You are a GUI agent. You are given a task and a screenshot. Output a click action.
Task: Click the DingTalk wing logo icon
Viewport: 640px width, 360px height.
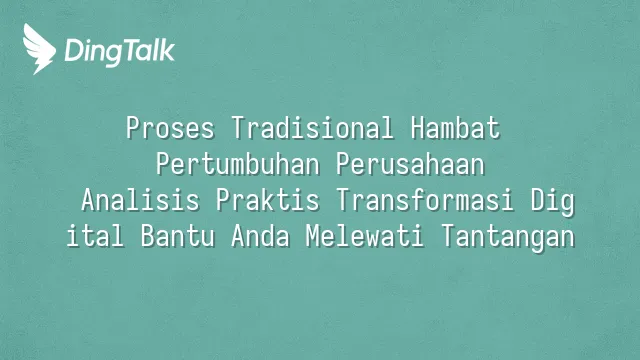pos(39,49)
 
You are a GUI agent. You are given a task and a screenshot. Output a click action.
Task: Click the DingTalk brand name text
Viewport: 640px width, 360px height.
pos(120,52)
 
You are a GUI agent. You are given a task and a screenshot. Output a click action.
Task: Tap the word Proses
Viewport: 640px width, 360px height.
pos(170,128)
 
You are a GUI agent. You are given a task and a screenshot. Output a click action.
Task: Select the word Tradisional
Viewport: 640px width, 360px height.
pos(313,128)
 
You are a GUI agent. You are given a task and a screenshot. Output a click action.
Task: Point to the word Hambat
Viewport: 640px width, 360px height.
pos(456,128)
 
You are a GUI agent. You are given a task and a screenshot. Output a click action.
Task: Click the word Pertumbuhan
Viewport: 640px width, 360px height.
pos(238,164)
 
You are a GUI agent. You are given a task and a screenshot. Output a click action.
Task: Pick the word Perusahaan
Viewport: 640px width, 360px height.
pos(410,164)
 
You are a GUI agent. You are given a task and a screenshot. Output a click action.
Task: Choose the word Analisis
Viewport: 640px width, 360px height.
pos(140,200)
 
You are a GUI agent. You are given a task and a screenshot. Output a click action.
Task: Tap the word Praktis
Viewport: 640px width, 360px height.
pos(267,200)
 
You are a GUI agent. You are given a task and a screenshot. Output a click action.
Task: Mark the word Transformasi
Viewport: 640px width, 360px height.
pos(425,200)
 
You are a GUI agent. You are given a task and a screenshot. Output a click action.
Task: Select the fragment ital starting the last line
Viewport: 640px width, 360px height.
pos(95,236)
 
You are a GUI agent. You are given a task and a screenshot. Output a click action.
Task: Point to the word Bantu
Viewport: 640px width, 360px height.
pos(178,236)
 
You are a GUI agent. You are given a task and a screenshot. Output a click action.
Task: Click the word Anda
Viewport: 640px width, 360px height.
pos(260,236)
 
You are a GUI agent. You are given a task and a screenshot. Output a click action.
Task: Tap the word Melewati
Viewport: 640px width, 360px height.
pos(365,236)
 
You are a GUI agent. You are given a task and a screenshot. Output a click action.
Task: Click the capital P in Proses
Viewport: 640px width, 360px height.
pos(132,128)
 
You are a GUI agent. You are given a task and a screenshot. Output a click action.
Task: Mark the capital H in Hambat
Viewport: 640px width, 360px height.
pos(417,128)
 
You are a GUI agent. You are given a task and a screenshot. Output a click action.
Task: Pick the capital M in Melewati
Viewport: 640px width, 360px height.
pos(312,236)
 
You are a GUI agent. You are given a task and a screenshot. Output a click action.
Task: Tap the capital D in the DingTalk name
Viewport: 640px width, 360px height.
pos(73,50)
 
